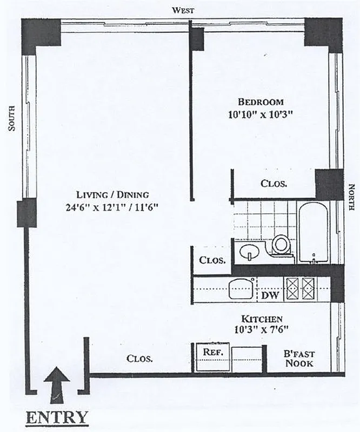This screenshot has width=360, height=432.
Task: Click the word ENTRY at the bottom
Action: point(56,417)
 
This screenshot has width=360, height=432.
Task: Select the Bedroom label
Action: point(261,102)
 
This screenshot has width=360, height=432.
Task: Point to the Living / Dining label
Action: point(112,194)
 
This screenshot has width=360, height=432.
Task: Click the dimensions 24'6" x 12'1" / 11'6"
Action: point(112,207)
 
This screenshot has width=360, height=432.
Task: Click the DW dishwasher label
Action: point(270,295)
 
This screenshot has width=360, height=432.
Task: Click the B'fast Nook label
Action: point(299,359)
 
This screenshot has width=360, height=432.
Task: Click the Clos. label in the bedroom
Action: point(274,184)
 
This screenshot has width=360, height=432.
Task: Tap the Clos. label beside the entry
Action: point(139,359)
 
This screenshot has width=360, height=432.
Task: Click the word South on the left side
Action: point(11,118)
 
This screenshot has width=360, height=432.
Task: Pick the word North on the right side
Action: point(352,194)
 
